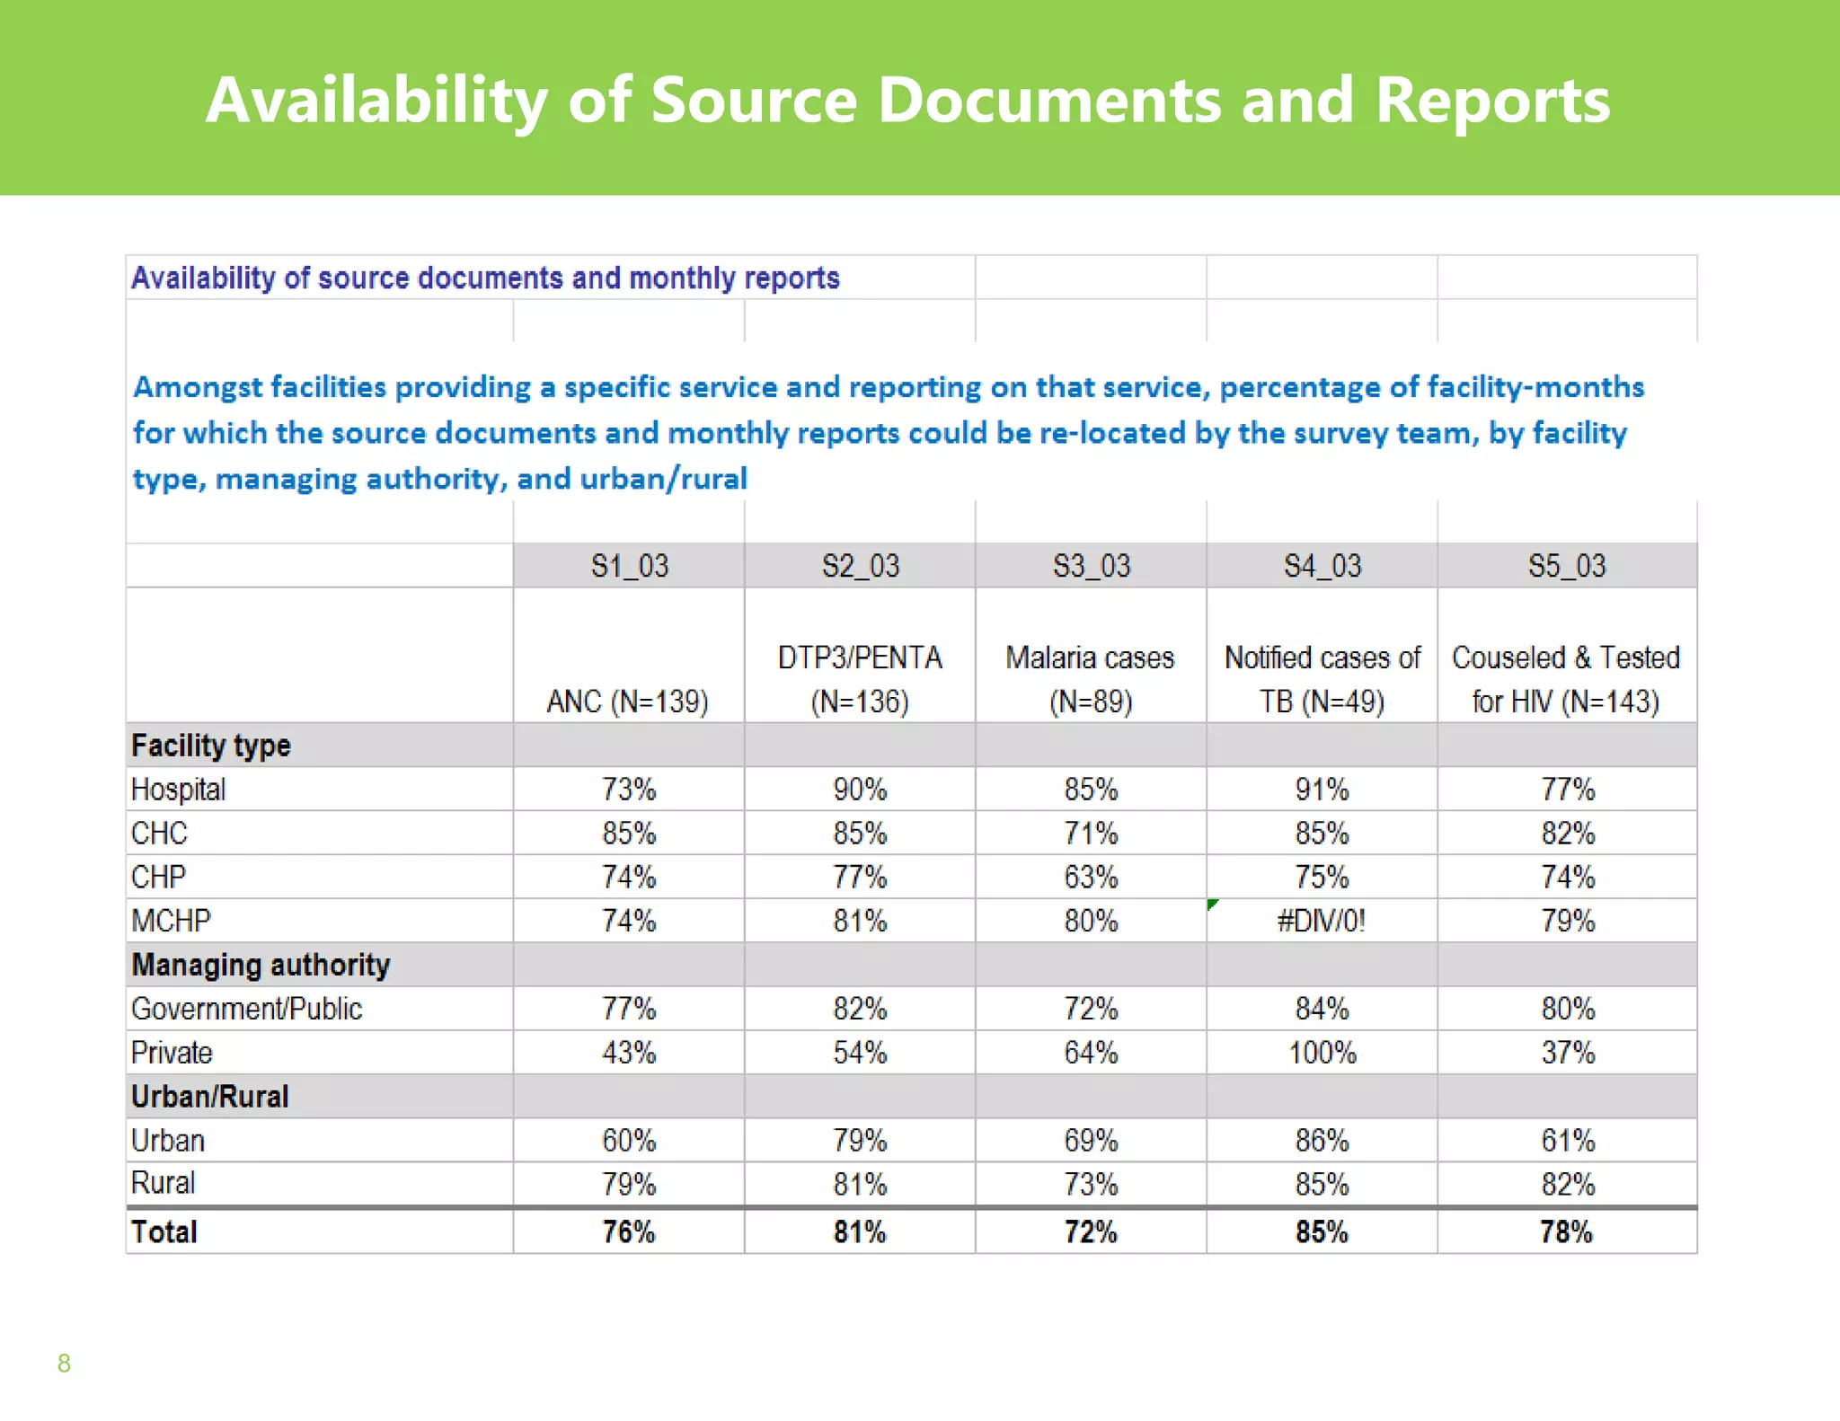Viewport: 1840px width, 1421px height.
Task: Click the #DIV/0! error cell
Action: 1322,921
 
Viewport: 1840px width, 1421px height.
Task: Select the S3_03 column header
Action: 1091,566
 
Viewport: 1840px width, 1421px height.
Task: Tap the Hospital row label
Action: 178,790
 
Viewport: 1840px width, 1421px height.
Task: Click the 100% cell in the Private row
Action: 1322,1053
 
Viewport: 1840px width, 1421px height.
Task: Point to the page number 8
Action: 64,1363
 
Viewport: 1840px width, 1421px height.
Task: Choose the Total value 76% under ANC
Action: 629,1231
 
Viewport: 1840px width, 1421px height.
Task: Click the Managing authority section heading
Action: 261,965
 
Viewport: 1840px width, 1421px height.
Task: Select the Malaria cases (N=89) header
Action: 1090,679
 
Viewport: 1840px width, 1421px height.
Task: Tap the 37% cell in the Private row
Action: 1568,1053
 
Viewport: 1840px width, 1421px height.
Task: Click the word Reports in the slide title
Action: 1492,100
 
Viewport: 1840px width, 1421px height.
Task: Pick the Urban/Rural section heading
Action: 210,1097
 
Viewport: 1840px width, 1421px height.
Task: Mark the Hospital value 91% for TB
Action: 1322,790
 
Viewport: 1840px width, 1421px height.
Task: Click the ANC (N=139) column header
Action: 628,701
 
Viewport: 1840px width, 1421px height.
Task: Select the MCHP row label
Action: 171,921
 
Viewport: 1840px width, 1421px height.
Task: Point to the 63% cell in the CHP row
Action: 1091,877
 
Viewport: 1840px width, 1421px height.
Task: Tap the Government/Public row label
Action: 246,1009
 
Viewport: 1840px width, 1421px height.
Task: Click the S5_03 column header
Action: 1567,566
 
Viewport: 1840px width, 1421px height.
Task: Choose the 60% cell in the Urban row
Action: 629,1141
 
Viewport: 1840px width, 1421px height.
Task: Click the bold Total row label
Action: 164,1231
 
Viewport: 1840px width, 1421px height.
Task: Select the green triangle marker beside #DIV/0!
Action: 1213,905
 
